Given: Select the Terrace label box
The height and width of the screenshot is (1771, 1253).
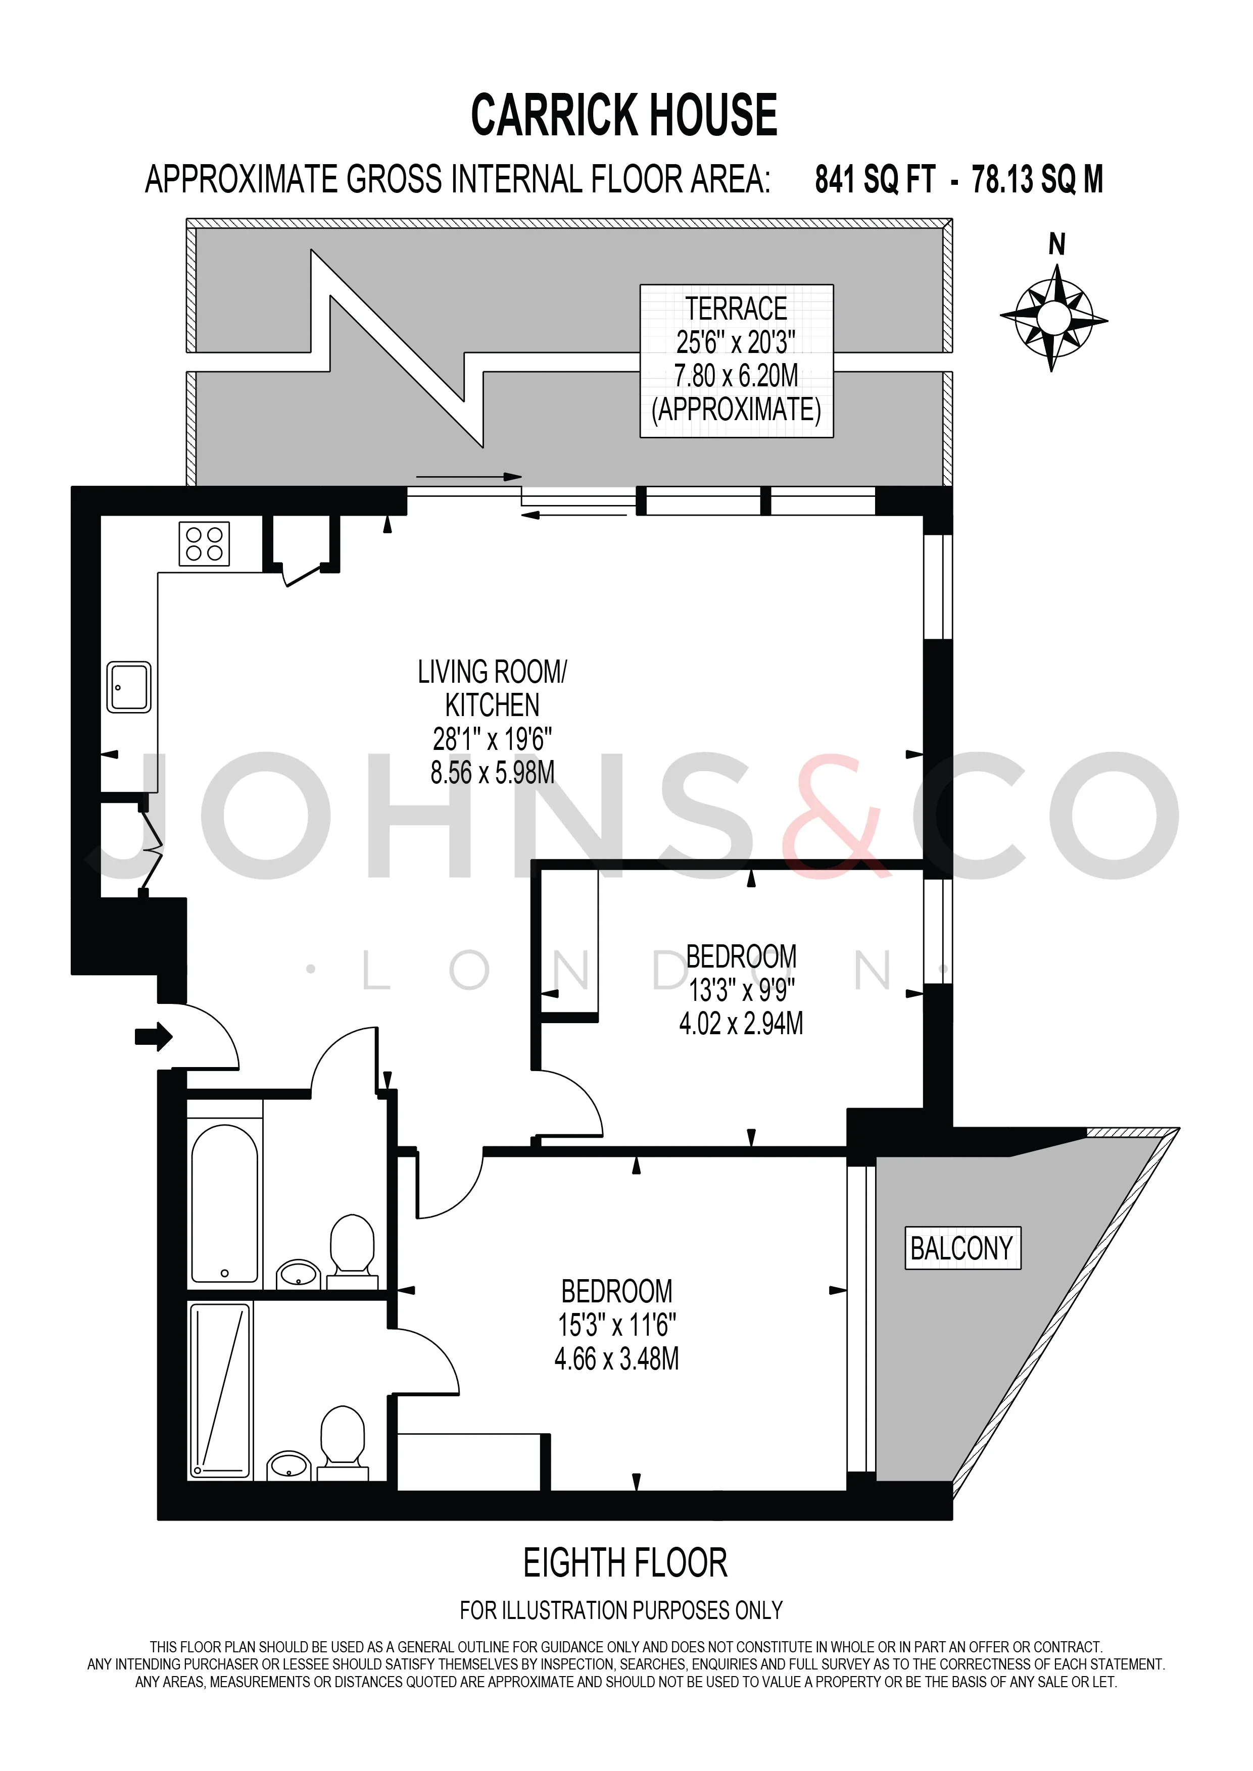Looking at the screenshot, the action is pyautogui.click(x=737, y=361).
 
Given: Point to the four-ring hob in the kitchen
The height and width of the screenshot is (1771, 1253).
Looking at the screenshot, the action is pyautogui.click(x=205, y=544).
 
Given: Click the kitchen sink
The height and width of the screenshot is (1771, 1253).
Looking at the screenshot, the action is pyautogui.click(x=129, y=686).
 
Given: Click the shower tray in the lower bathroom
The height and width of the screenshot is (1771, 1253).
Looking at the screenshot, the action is pyautogui.click(x=221, y=1390).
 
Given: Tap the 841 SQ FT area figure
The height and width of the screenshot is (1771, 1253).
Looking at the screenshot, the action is pyautogui.click(x=875, y=180).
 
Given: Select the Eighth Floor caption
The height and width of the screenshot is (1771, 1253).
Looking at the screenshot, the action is pyautogui.click(x=625, y=1563).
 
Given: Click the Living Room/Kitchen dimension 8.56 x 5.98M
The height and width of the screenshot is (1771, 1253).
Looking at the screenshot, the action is pyautogui.click(x=492, y=772).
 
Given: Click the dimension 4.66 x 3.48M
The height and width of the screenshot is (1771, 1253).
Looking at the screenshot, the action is pyautogui.click(x=616, y=1358).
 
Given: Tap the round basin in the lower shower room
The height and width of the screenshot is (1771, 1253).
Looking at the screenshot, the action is pyautogui.click(x=290, y=1464).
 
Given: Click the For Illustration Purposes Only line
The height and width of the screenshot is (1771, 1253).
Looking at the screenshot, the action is pyautogui.click(x=621, y=1610).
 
